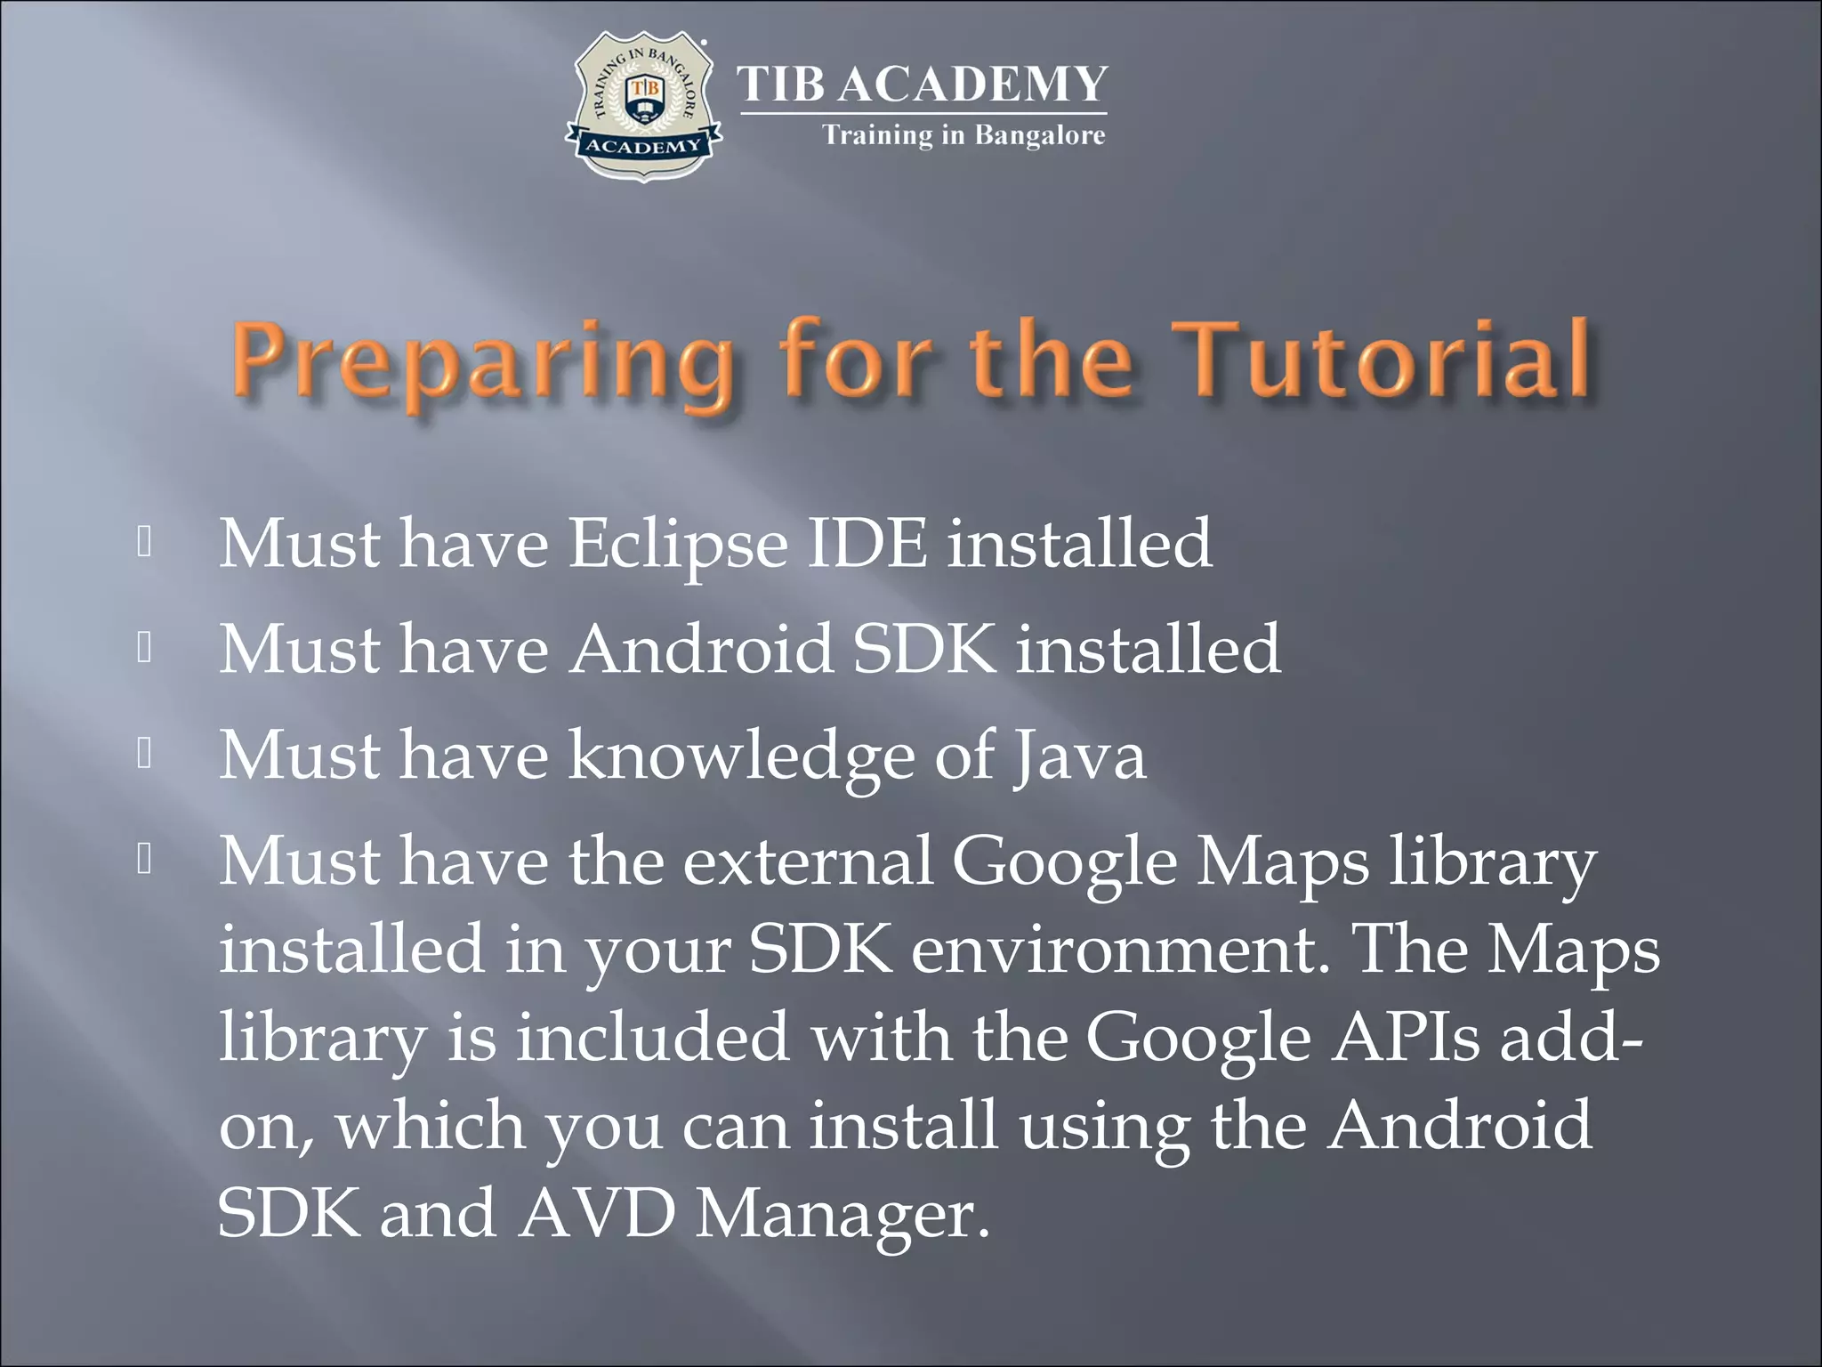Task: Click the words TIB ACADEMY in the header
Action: (x=923, y=85)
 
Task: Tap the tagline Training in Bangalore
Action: (x=963, y=135)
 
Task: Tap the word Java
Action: (x=1080, y=756)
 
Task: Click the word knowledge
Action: (x=741, y=756)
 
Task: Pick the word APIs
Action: (x=1406, y=1038)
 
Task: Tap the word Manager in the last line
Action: (x=842, y=1216)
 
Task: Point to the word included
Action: (x=652, y=1038)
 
